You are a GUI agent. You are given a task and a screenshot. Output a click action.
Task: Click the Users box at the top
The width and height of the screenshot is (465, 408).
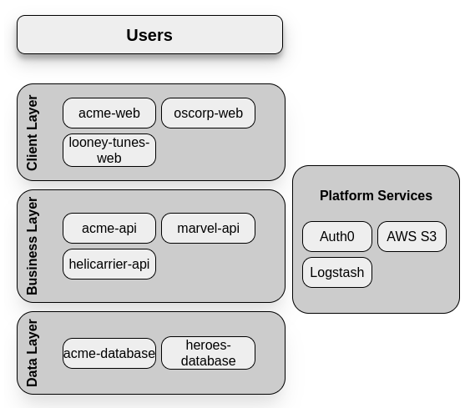point(149,35)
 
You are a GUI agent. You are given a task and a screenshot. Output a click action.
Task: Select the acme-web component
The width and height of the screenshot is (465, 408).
point(109,113)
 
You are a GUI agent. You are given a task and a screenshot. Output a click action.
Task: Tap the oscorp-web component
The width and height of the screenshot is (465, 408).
point(208,113)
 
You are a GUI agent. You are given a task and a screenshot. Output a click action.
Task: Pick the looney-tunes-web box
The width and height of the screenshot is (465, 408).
point(109,150)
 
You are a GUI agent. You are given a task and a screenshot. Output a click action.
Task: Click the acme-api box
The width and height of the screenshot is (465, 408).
point(109,229)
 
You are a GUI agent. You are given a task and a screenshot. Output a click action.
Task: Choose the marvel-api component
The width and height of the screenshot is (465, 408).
point(208,229)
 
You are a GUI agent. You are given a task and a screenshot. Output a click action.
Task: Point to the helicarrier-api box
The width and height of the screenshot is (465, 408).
point(109,264)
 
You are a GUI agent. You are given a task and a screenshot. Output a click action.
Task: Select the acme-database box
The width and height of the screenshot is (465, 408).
point(109,353)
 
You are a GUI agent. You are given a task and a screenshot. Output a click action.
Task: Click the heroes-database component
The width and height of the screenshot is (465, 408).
point(208,353)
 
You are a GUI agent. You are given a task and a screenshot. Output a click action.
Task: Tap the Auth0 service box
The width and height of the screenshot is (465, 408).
point(337,236)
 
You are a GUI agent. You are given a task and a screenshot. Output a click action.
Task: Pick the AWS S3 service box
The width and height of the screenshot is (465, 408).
point(412,236)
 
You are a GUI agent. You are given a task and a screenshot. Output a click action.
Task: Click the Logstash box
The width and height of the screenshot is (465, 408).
point(337,273)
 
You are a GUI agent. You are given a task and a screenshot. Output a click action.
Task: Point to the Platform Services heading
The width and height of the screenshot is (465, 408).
point(376,196)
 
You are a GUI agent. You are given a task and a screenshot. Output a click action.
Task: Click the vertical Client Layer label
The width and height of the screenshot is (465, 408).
point(33,133)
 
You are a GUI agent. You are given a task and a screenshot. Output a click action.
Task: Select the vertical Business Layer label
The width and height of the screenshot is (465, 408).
point(33,246)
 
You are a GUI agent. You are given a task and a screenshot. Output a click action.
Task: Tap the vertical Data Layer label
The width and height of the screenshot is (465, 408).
point(33,353)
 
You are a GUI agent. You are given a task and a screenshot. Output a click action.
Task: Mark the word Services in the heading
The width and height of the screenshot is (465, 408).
point(405,196)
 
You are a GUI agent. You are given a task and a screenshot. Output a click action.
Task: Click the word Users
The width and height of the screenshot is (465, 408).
point(149,35)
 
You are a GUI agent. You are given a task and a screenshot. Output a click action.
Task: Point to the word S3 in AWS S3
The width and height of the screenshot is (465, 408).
point(427,236)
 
